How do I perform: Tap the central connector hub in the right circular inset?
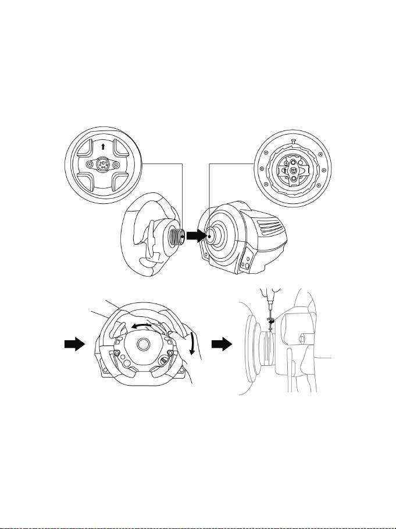click(294, 170)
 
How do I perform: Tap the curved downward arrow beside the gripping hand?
click(193, 343)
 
